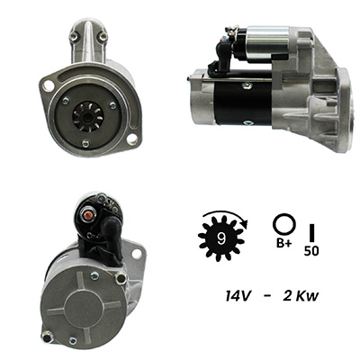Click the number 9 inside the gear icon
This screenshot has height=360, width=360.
[x=221, y=238]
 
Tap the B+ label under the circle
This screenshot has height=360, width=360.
[x=283, y=244]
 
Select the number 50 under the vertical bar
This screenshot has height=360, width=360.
[x=311, y=251]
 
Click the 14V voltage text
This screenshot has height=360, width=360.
[x=238, y=296]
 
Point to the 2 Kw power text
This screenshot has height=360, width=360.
[x=301, y=296]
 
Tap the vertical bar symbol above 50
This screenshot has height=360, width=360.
[x=311, y=232]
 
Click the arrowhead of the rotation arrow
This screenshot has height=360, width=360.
[x=246, y=224]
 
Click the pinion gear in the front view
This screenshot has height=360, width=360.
[x=88, y=116]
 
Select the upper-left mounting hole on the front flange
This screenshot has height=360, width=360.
[x=47, y=85]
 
